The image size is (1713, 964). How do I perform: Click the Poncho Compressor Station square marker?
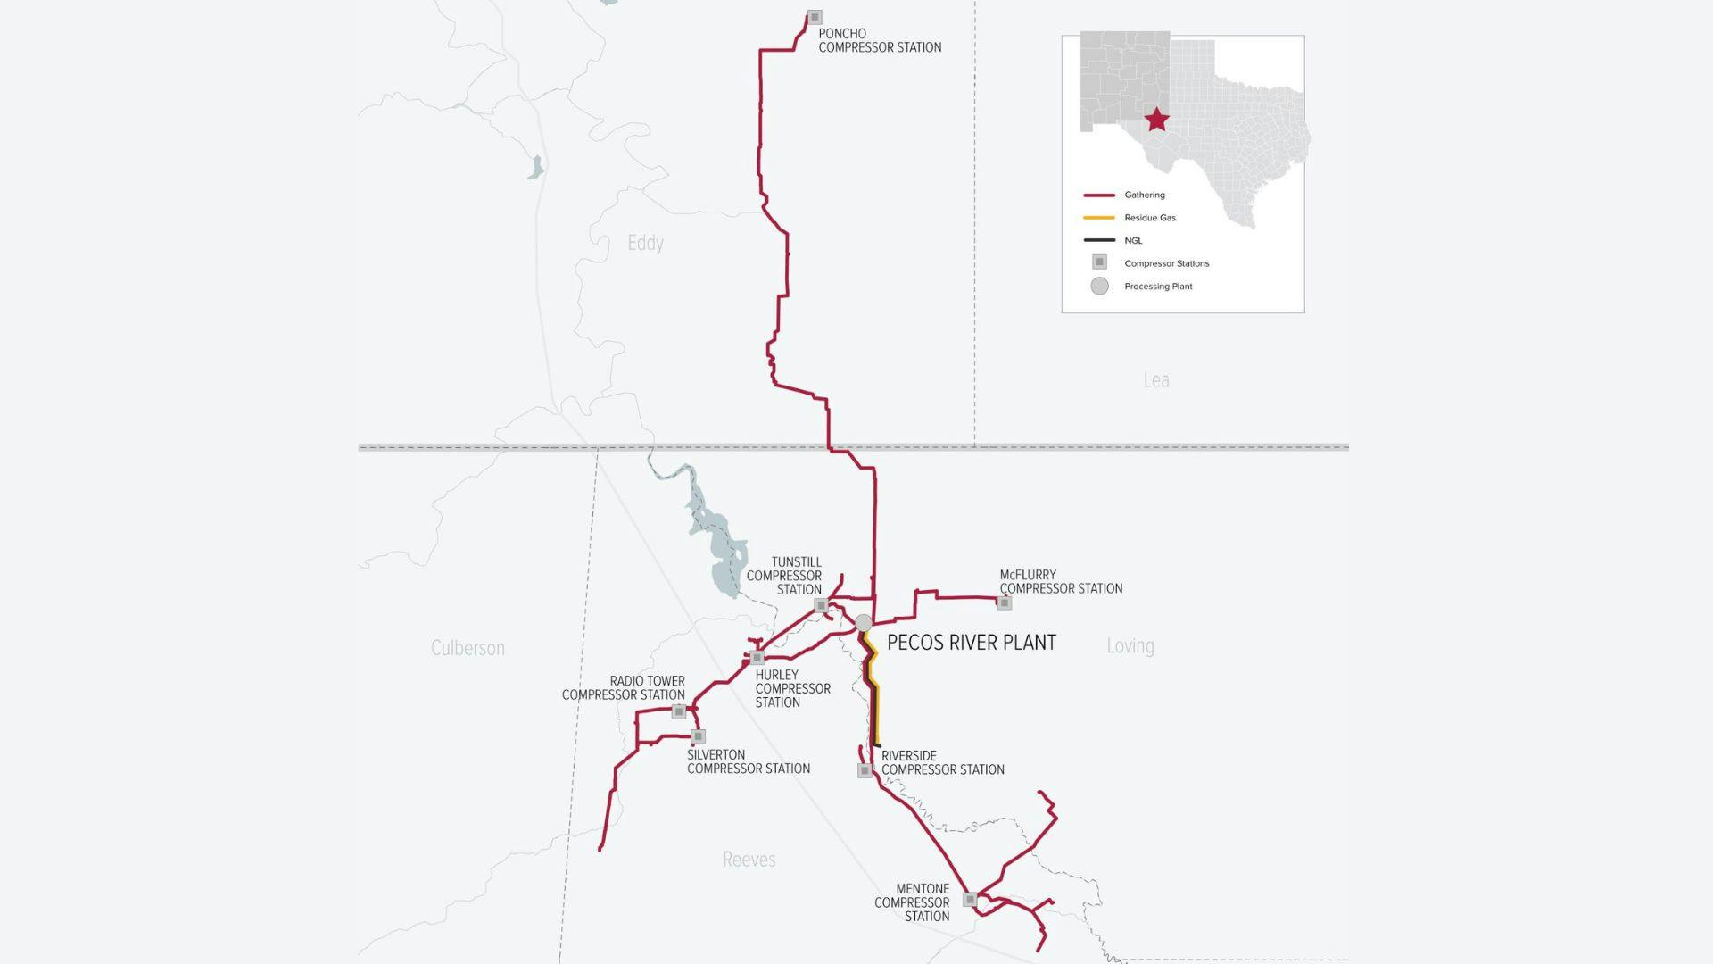click(x=815, y=18)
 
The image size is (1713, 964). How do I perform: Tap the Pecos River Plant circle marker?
click(x=864, y=622)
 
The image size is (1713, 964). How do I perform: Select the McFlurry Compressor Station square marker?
click(x=1005, y=603)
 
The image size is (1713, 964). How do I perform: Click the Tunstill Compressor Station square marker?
click(x=822, y=606)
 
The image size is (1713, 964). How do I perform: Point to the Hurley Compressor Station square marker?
click(x=757, y=658)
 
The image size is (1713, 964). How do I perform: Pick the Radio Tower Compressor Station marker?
click(x=679, y=711)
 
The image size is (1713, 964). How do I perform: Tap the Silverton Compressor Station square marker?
click(x=699, y=736)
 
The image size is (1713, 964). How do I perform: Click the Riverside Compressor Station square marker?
click(x=865, y=770)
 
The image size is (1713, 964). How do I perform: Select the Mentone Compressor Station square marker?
click(x=970, y=900)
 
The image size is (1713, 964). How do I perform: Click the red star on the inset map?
click(x=1157, y=120)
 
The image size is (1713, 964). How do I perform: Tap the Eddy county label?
click(x=645, y=243)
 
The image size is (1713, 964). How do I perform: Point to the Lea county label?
click(x=1156, y=380)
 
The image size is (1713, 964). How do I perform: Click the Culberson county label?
click(x=468, y=648)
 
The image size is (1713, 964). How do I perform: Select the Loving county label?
click(x=1130, y=645)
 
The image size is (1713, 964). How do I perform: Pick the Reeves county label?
click(x=749, y=860)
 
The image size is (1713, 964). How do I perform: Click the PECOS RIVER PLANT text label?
click(x=972, y=643)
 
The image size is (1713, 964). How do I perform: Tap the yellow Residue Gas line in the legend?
click(x=1099, y=218)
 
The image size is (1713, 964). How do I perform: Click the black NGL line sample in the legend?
click(x=1099, y=240)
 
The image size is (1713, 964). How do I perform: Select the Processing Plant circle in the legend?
click(x=1100, y=286)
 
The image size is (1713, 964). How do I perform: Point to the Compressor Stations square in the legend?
click(x=1100, y=262)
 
